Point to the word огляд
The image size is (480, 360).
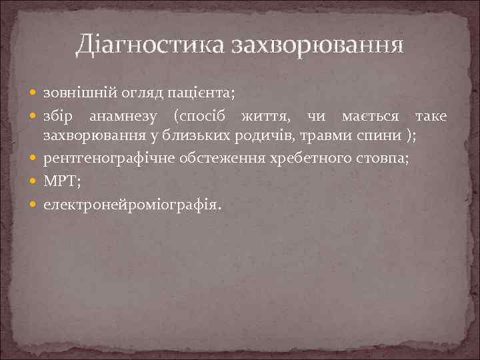pos(141,91)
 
